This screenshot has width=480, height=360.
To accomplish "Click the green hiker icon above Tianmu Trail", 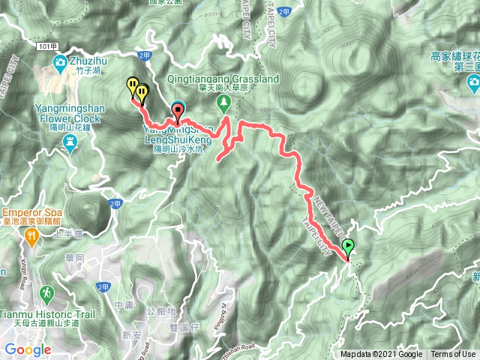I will pos(49,292).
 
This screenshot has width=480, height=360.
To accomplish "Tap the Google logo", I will pos(27,349).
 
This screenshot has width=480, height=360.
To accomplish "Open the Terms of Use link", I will pos(453,354).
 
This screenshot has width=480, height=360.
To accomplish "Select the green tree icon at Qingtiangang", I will pos(223,102).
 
